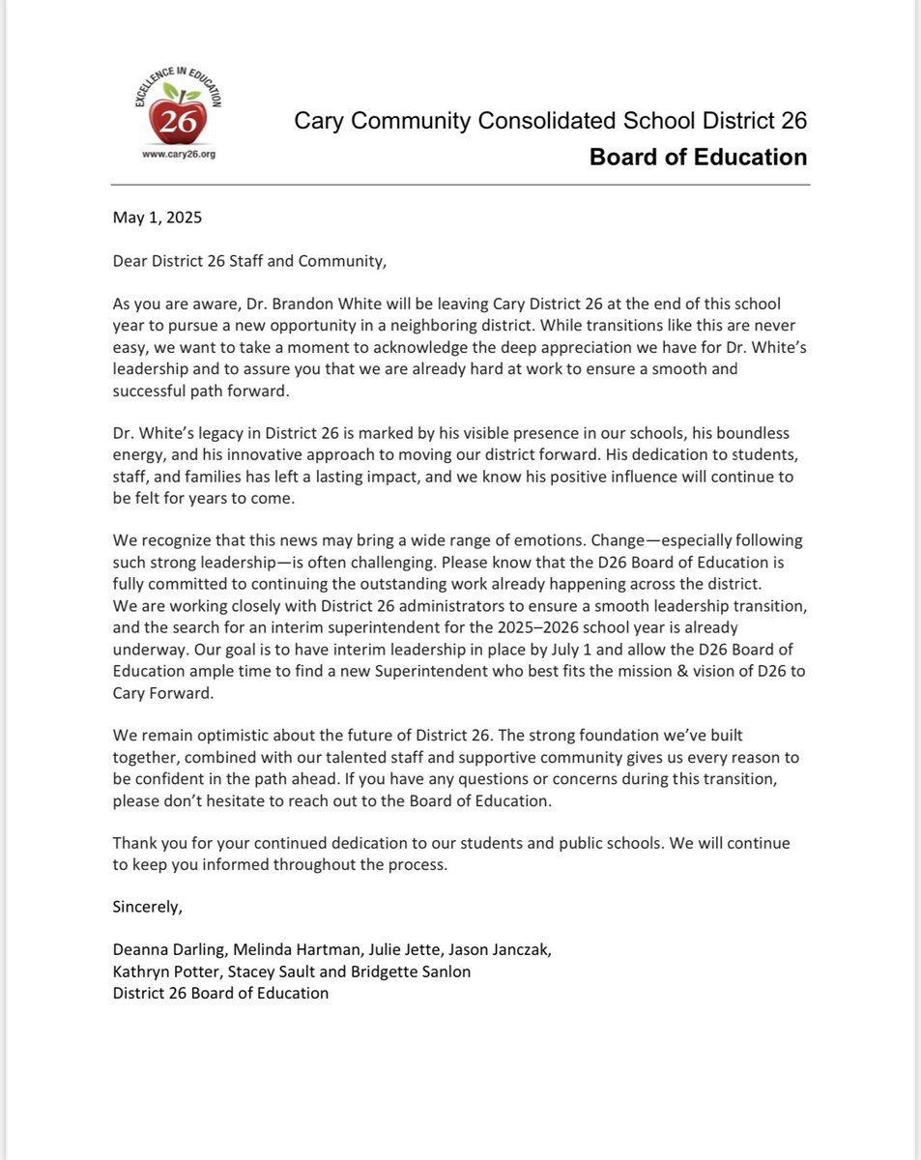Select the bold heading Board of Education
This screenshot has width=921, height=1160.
point(698,157)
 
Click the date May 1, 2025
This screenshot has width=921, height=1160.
point(158,217)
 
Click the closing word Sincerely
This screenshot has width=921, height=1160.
point(147,907)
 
